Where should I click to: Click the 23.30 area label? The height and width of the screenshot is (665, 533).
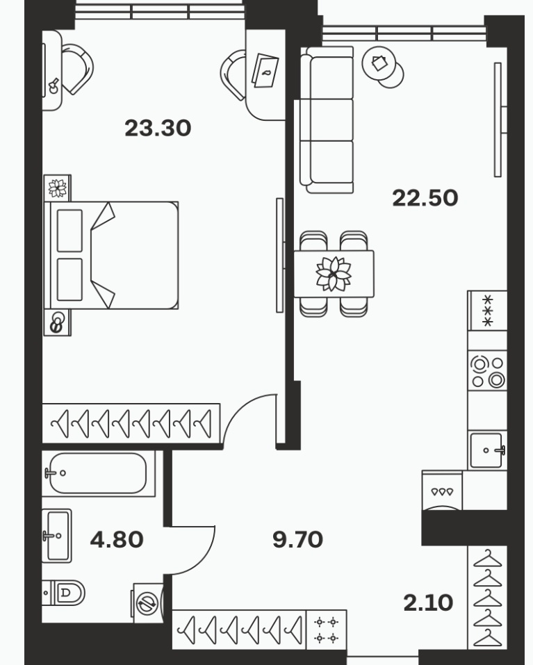point(158,128)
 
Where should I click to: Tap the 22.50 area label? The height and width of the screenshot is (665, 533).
point(425,198)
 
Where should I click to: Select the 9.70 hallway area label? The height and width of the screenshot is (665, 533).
point(297,539)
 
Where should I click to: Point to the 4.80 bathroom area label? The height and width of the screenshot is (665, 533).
point(117,539)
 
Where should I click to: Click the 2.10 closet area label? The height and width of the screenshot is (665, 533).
point(428,602)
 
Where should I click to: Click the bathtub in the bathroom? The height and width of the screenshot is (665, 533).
point(99,473)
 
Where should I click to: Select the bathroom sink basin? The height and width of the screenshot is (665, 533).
point(57,536)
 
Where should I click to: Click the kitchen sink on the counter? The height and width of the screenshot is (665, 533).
point(487,450)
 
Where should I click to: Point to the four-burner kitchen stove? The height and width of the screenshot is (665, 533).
point(487,370)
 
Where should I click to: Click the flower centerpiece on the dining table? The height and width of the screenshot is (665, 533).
point(334,274)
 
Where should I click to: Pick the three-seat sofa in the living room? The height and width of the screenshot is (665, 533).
point(327,120)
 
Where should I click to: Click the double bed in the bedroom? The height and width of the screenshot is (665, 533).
point(111,255)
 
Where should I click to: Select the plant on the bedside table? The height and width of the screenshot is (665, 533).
point(57,188)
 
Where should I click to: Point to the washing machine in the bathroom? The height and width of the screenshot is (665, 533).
point(147,603)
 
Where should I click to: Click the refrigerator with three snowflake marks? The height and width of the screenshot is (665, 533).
point(488,311)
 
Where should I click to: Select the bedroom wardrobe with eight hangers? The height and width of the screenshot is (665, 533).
point(131,424)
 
